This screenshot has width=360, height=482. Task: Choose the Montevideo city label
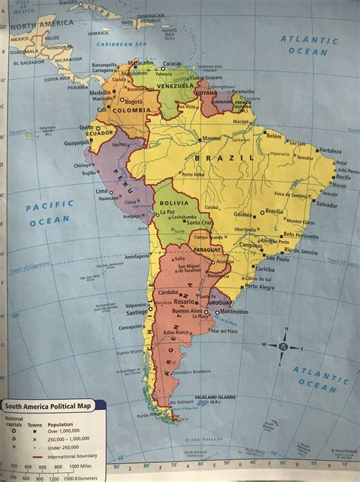click(x=236, y=312)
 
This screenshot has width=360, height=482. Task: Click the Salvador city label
click(x=327, y=205)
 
